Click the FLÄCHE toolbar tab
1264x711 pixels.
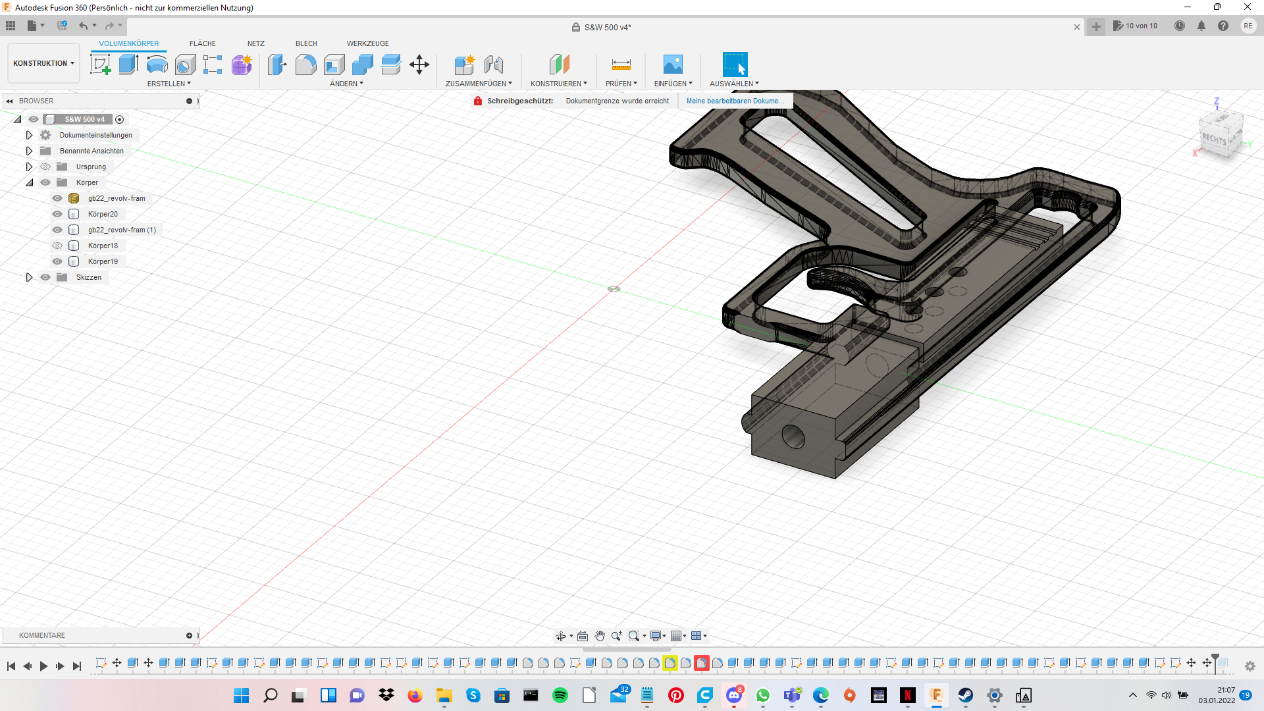click(202, 43)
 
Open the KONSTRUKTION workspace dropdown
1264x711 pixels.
click(43, 63)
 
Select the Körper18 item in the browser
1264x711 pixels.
click(103, 246)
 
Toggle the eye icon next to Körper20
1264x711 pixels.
click(57, 214)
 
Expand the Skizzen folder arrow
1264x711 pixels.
click(29, 277)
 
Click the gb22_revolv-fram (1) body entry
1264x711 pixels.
click(122, 230)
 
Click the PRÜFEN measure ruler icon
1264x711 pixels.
click(621, 65)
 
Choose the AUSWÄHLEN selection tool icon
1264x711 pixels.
click(735, 65)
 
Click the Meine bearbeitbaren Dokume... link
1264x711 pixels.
click(735, 101)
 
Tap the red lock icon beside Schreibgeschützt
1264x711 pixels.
click(478, 101)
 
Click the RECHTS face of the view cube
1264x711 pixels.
click(1215, 139)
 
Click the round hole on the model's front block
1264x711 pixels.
click(793, 436)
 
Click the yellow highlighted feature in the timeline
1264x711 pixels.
click(670, 663)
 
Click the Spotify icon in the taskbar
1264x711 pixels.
click(560, 695)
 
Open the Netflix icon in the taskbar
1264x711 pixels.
click(908, 695)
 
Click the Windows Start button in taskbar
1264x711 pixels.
click(241, 695)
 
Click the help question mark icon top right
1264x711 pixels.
click(1223, 26)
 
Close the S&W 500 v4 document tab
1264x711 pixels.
click(1077, 27)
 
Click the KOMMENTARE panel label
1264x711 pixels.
click(42, 635)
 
